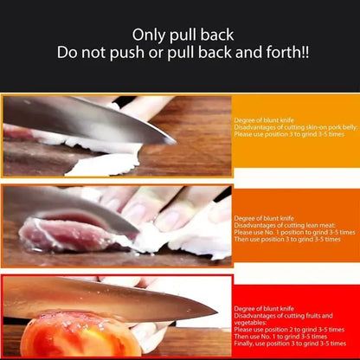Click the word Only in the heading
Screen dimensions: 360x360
[148, 35]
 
